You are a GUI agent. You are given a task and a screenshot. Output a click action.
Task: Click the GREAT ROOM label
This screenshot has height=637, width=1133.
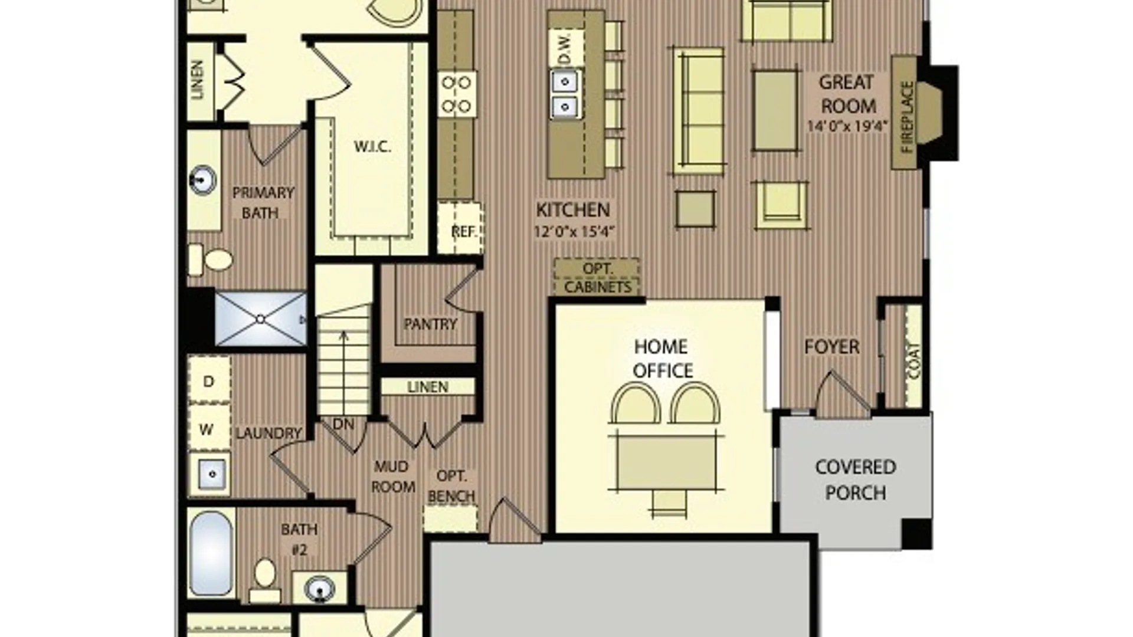(847, 94)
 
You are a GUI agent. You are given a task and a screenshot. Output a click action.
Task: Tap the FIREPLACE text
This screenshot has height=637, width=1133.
(907, 117)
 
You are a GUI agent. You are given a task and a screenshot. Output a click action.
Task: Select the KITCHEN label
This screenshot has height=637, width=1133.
(573, 210)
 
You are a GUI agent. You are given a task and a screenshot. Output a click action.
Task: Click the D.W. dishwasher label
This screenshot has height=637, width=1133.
(565, 48)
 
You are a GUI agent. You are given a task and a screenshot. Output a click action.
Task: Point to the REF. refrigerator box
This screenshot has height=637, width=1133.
(460, 229)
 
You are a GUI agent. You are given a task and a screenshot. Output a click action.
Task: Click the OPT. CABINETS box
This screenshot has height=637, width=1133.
(597, 277)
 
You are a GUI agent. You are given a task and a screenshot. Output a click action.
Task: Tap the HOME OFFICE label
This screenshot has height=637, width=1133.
(662, 359)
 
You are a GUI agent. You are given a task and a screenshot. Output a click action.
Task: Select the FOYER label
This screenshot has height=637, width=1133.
(832, 347)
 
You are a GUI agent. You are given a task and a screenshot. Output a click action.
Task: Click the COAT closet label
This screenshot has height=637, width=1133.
(913, 361)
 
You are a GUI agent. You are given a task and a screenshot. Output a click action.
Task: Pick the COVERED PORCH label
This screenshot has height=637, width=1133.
(856, 480)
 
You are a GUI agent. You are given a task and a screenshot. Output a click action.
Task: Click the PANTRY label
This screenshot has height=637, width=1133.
(430, 324)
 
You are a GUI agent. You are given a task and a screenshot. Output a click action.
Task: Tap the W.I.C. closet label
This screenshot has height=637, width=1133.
(372, 147)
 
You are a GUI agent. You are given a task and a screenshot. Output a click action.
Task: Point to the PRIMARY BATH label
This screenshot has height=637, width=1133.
(263, 202)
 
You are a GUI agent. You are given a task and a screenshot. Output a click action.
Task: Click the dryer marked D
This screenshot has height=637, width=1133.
(209, 380)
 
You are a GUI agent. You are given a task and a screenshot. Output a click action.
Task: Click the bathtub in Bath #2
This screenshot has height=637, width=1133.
(211, 553)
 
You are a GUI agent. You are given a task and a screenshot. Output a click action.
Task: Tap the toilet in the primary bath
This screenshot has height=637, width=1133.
(211, 260)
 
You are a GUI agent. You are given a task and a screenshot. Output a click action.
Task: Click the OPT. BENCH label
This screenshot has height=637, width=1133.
(451, 486)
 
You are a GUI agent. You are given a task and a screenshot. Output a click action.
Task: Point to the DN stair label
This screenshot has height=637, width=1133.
(343, 424)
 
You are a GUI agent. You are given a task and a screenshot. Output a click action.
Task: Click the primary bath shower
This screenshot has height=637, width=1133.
(260, 318)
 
